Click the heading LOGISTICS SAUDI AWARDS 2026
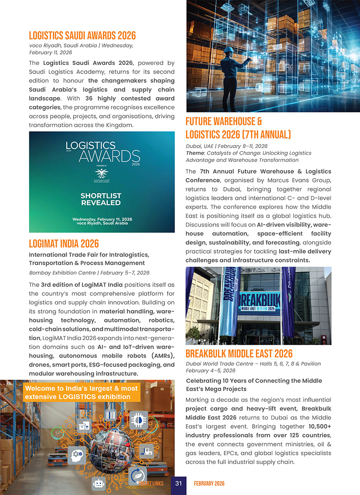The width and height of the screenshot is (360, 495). tap(82, 36)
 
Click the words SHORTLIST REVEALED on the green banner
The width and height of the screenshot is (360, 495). tap(101, 199)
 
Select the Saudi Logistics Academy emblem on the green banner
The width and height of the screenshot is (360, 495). tap(101, 174)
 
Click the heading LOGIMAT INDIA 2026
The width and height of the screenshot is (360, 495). tap(64, 243)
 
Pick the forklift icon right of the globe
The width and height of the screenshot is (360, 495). tap(147, 451)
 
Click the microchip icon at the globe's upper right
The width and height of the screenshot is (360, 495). tap(138, 420)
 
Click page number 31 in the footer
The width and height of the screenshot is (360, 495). tap(179, 484)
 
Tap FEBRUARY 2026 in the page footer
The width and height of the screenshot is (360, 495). tap(209, 484)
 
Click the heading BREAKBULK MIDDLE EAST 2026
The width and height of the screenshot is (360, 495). tap(239, 354)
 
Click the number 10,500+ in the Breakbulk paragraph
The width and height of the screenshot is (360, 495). tap(318, 425)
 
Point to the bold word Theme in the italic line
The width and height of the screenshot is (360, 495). tap(195, 153)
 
